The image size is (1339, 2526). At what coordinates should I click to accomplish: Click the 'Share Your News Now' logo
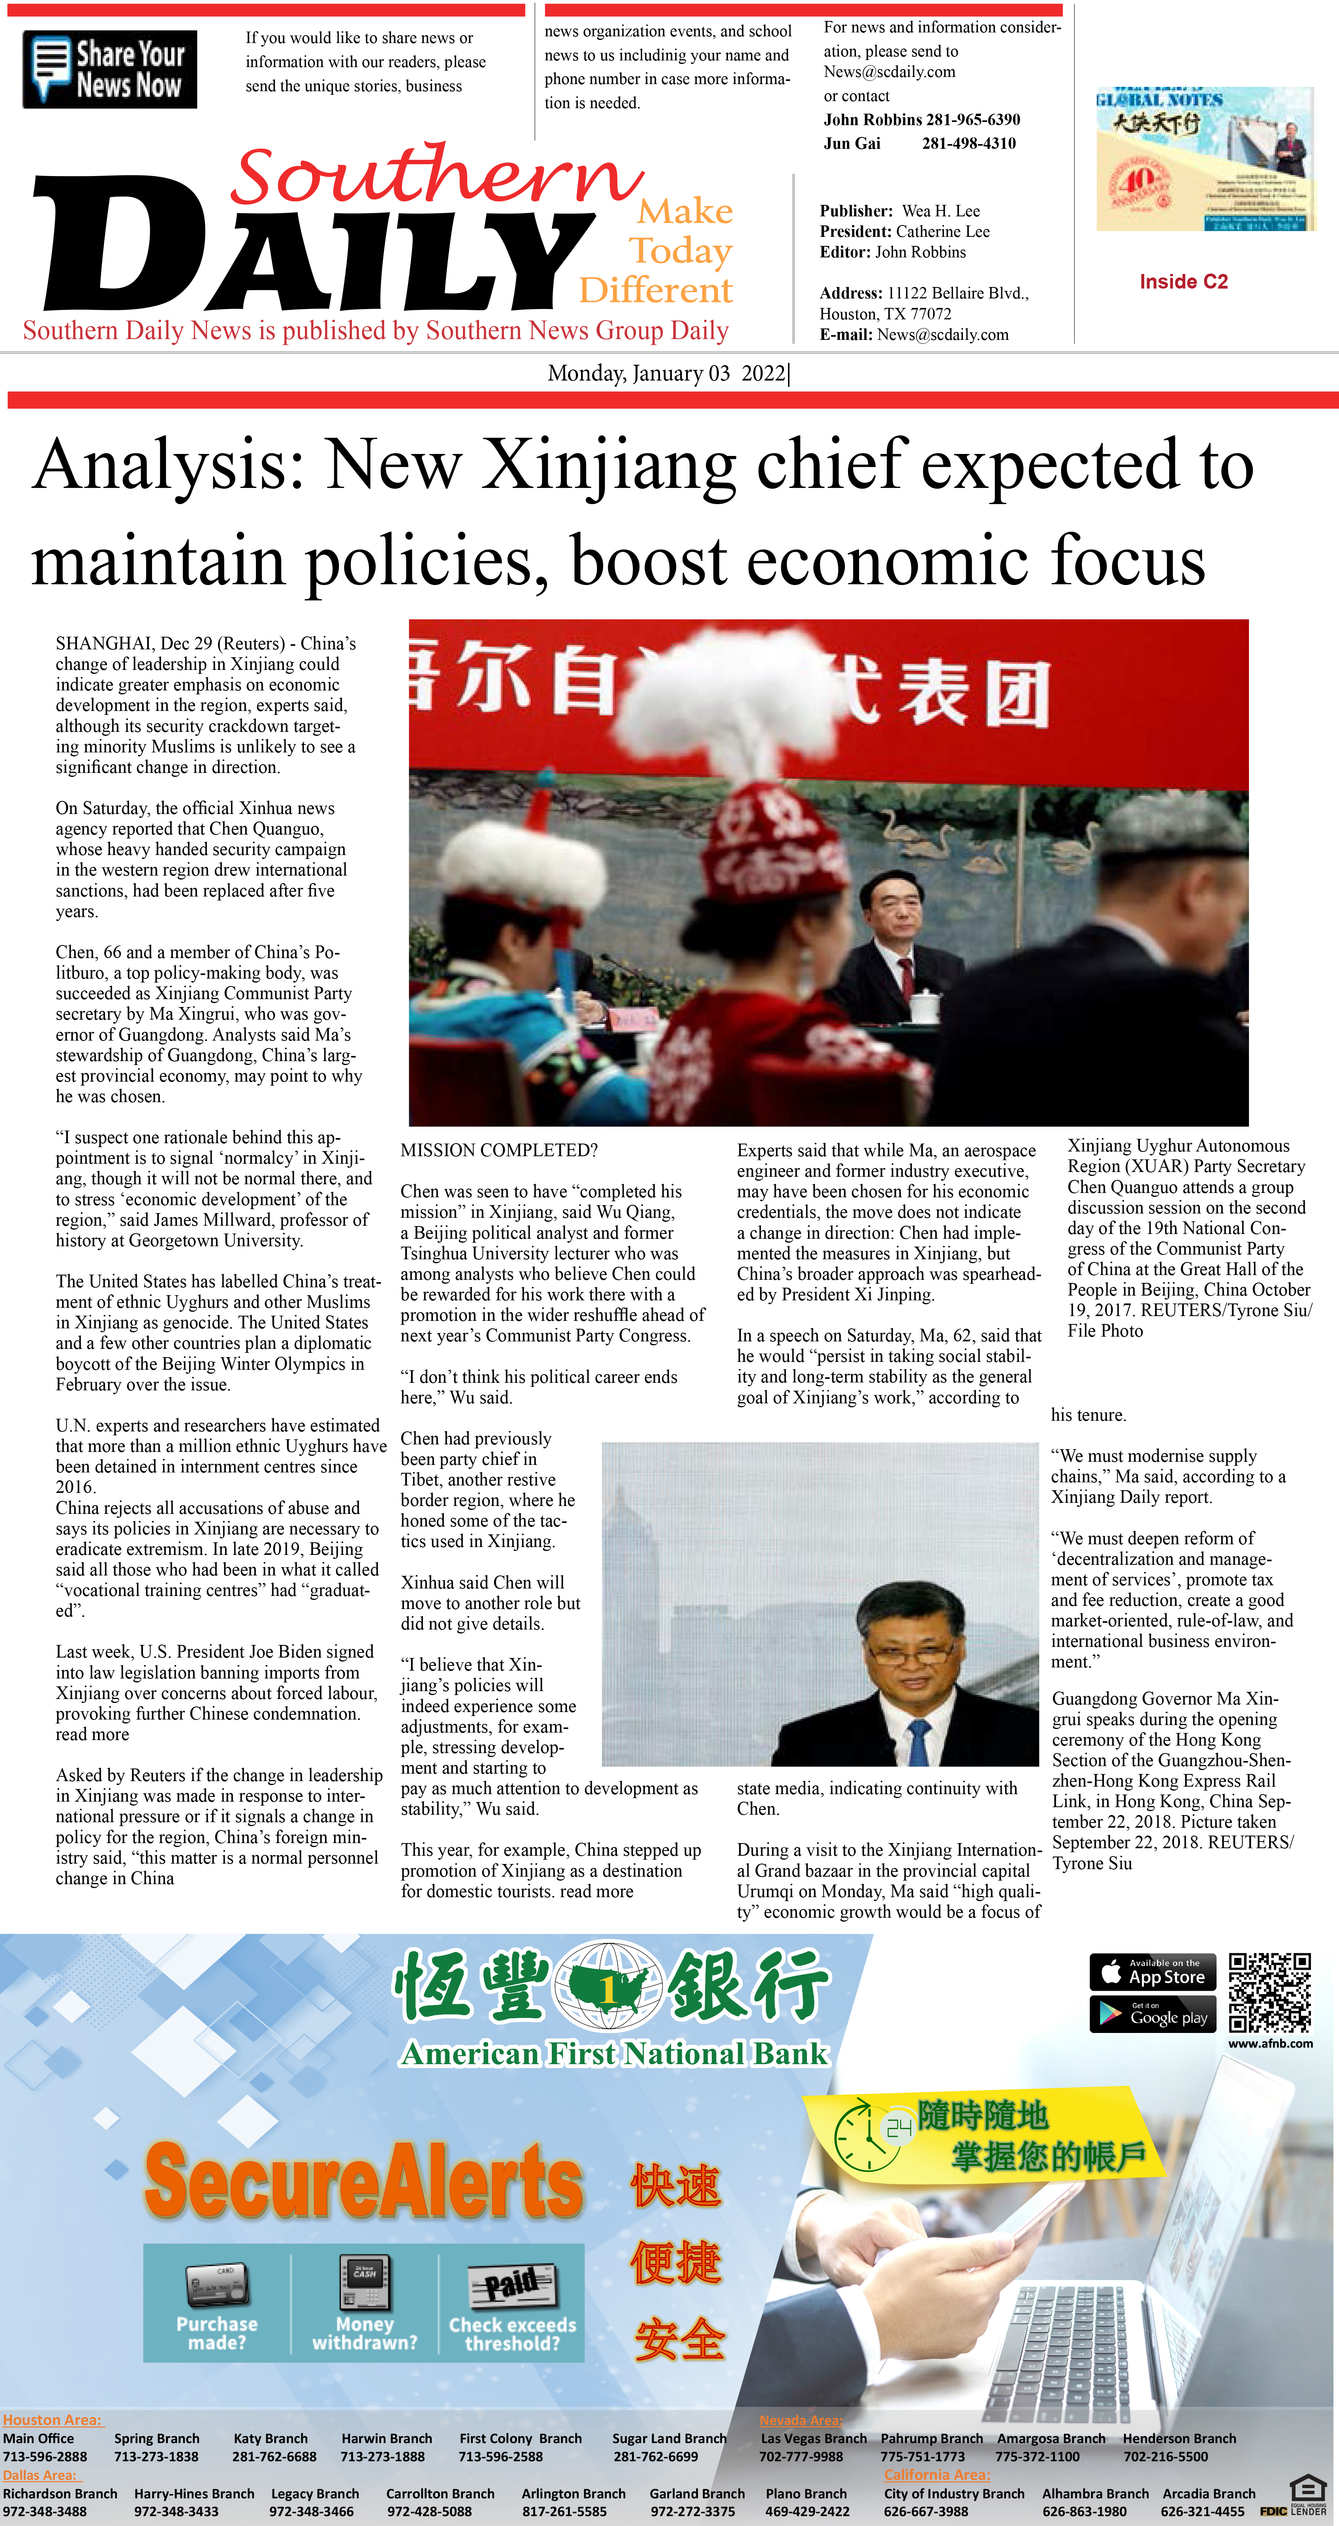coord(110,69)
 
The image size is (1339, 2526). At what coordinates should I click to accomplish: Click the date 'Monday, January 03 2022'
coord(667,373)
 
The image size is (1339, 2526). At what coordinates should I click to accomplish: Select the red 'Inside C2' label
coord(1183,282)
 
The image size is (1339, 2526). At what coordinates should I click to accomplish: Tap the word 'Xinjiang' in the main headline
coord(608,465)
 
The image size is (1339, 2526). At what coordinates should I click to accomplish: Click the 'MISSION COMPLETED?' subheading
coord(498,1150)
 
